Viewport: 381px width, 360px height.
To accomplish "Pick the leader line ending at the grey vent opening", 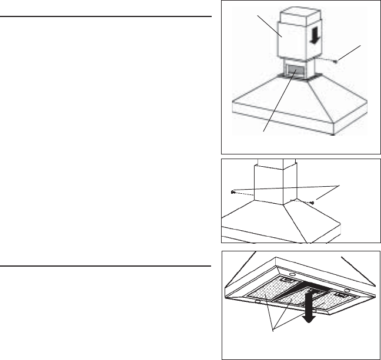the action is click(276, 103).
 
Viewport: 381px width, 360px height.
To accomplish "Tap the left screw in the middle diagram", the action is click(233, 192).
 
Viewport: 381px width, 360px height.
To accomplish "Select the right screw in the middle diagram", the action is click(312, 203).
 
